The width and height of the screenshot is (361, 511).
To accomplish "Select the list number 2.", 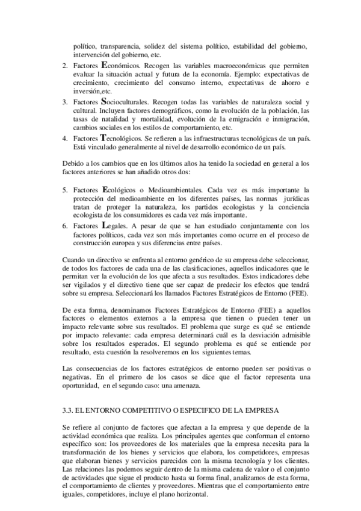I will (x=65, y=64).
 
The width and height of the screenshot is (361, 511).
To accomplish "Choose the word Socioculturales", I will (x=127, y=103).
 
